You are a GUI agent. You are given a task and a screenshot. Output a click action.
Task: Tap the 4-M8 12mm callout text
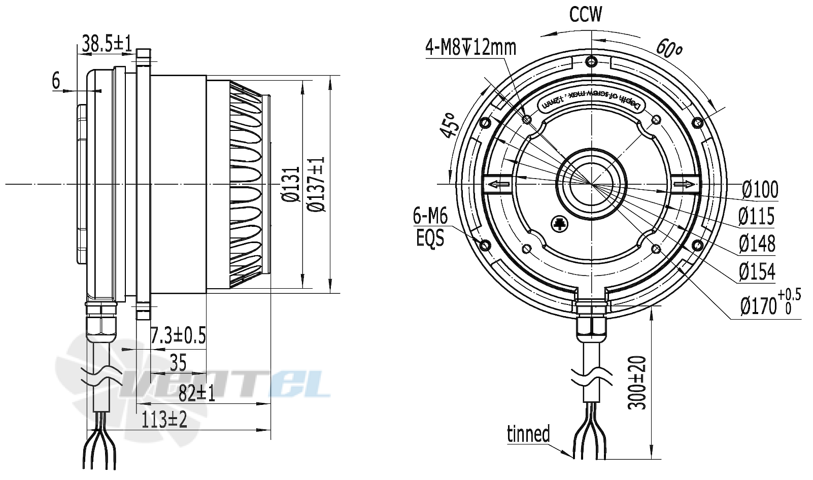470,48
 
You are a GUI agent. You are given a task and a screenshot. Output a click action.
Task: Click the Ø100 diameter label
759,189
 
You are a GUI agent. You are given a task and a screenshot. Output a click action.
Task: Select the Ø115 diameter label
756,217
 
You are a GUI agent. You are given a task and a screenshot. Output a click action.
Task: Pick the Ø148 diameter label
757,244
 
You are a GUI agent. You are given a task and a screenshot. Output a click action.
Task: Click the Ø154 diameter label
757,271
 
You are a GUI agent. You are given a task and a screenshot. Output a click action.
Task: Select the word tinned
528,434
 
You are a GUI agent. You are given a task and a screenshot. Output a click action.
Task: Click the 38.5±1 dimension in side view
107,44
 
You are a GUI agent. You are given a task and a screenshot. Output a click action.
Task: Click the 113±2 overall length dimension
164,420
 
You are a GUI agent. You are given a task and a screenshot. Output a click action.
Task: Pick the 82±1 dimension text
196,393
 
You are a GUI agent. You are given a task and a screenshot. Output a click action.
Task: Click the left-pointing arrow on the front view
499,184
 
